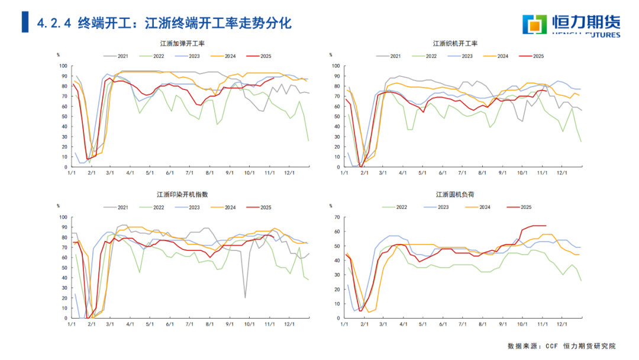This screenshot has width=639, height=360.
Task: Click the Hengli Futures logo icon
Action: coord(536,24)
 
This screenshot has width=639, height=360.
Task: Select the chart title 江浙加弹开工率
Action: coord(182,44)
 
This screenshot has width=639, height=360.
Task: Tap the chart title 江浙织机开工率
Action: coord(455,44)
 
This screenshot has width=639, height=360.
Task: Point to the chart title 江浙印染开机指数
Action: coord(182,194)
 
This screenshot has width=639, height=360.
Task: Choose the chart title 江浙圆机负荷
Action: coord(456,194)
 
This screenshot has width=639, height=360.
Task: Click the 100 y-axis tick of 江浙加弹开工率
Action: coord(64,66)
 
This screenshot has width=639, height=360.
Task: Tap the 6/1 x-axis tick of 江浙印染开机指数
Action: coord(169,323)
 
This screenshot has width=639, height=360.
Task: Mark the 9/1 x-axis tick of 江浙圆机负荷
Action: coord(502,323)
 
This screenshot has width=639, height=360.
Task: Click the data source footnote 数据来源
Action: coord(561,346)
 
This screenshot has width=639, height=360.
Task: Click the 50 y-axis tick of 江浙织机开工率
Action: coord(335,117)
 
